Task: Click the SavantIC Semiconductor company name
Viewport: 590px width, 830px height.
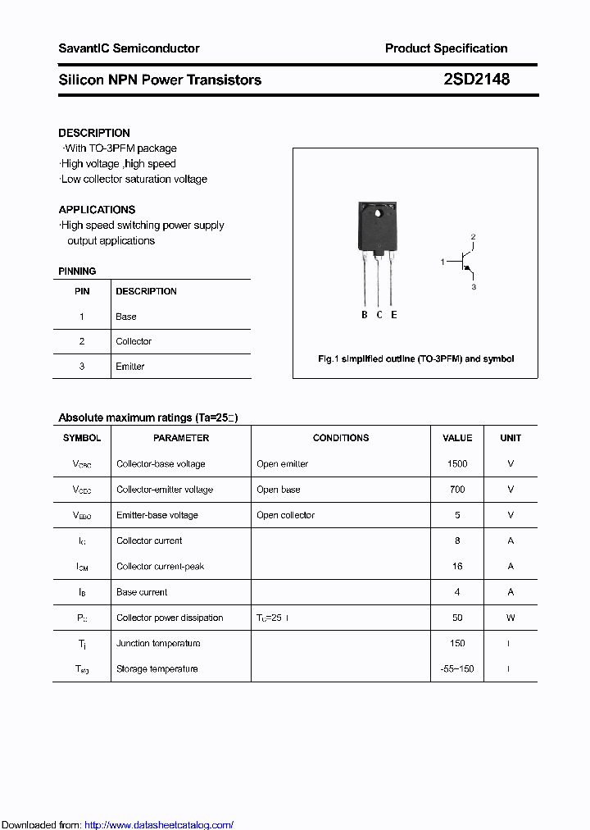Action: coord(129,48)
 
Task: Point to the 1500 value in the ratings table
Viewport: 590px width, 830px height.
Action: coord(457,464)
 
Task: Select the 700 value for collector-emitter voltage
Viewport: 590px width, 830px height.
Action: coord(457,490)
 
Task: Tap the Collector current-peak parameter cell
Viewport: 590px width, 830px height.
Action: coord(161,567)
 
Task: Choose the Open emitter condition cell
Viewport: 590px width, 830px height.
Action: coord(282,464)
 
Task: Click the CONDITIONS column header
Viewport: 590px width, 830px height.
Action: coord(341,438)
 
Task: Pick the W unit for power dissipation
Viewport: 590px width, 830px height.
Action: coord(511,618)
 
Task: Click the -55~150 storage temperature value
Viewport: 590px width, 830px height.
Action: coord(457,669)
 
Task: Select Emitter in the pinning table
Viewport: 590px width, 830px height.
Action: coord(130,367)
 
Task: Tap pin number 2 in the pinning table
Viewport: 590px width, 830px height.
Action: coord(82,341)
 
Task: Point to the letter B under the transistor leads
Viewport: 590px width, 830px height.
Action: coord(365,315)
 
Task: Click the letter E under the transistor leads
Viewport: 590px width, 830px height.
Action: coord(394,315)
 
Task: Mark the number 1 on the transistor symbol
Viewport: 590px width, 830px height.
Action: coord(442,262)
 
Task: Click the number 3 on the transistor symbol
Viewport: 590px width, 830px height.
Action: coord(474,287)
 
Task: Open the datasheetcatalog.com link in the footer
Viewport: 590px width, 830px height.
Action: coord(159,825)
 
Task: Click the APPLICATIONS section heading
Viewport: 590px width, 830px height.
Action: coord(97,210)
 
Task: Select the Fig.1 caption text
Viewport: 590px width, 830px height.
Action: coord(415,359)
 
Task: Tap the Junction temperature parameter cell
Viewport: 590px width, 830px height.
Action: coord(158,644)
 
